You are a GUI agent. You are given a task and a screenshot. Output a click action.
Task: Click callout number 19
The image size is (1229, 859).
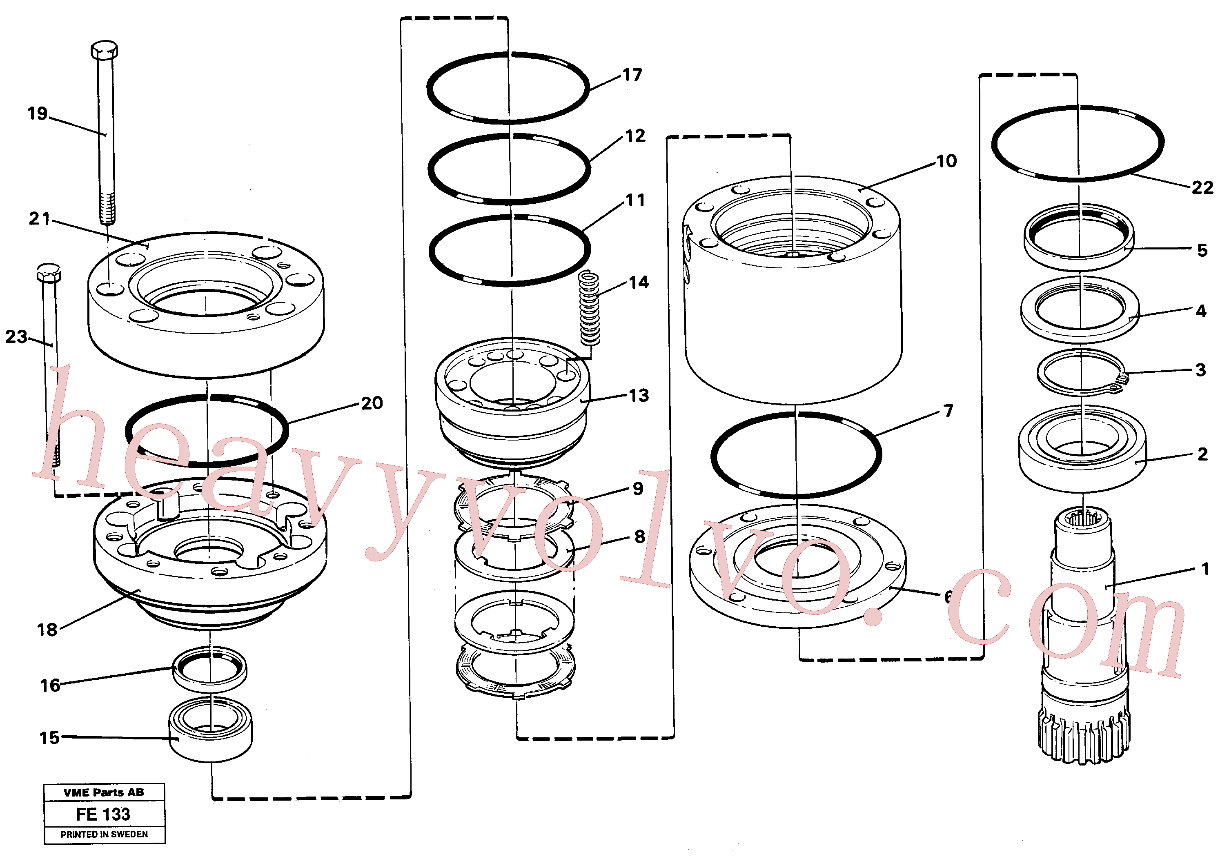pyautogui.click(x=38, y=113)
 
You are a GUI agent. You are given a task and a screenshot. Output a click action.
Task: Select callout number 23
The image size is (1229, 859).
pyautogui.click(x=16, y=337)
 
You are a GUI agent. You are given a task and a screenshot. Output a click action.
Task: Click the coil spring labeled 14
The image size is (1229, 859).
pyautogui.click(x=590, y=308)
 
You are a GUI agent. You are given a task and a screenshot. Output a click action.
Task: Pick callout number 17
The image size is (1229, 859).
pyautogui.click(x=632, y=75)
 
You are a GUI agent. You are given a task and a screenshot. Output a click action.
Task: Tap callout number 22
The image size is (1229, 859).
pyautogui.click(x=1202, y=187)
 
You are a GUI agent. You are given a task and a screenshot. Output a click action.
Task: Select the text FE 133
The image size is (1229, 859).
pyautogui.click(x=103, y=814)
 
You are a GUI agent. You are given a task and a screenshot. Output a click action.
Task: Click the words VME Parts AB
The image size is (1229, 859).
pyautogui.click(x=104, y=792)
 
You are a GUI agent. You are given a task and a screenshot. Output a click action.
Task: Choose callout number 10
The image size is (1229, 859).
pyautogui.click(x=946, y=161)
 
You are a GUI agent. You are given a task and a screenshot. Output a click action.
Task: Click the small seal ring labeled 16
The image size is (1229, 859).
pyautogui.click(x=210, y=670)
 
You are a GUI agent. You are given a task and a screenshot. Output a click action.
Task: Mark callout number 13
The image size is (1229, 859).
pyautogui.click(x=639, y=396)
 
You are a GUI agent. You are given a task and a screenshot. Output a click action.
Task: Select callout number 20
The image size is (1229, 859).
pyautogui.click(x=372, y=403)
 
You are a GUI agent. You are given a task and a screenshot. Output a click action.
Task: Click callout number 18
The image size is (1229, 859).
pyautogui.click(x=47, y=630)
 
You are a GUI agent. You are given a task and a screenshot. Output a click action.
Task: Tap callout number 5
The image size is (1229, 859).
pyautogui.click(x=1202, y=250)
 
